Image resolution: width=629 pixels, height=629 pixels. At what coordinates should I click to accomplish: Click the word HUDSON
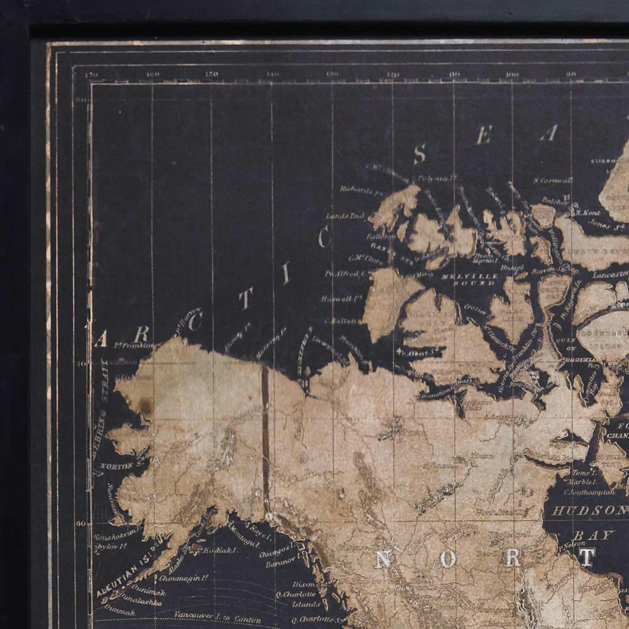pyautogui.click(x=589, y=510)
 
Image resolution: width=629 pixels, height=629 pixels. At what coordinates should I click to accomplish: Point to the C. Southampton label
pyautogui.click(x=591, y=491)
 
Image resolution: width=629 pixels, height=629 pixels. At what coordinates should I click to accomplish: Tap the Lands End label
pyautogui.click(x=345, y=216)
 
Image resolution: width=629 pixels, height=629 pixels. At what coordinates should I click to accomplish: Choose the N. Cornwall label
pyautogui.click(x=553, y=180)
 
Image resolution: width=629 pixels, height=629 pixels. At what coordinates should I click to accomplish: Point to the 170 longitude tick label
pyautogui.click(x=92, y=74)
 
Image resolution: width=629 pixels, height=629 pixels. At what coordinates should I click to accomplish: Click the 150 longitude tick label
pyautogui.click(x=211, y=74)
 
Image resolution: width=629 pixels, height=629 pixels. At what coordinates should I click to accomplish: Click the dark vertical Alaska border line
pyautogui.click(x=265, y=434)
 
